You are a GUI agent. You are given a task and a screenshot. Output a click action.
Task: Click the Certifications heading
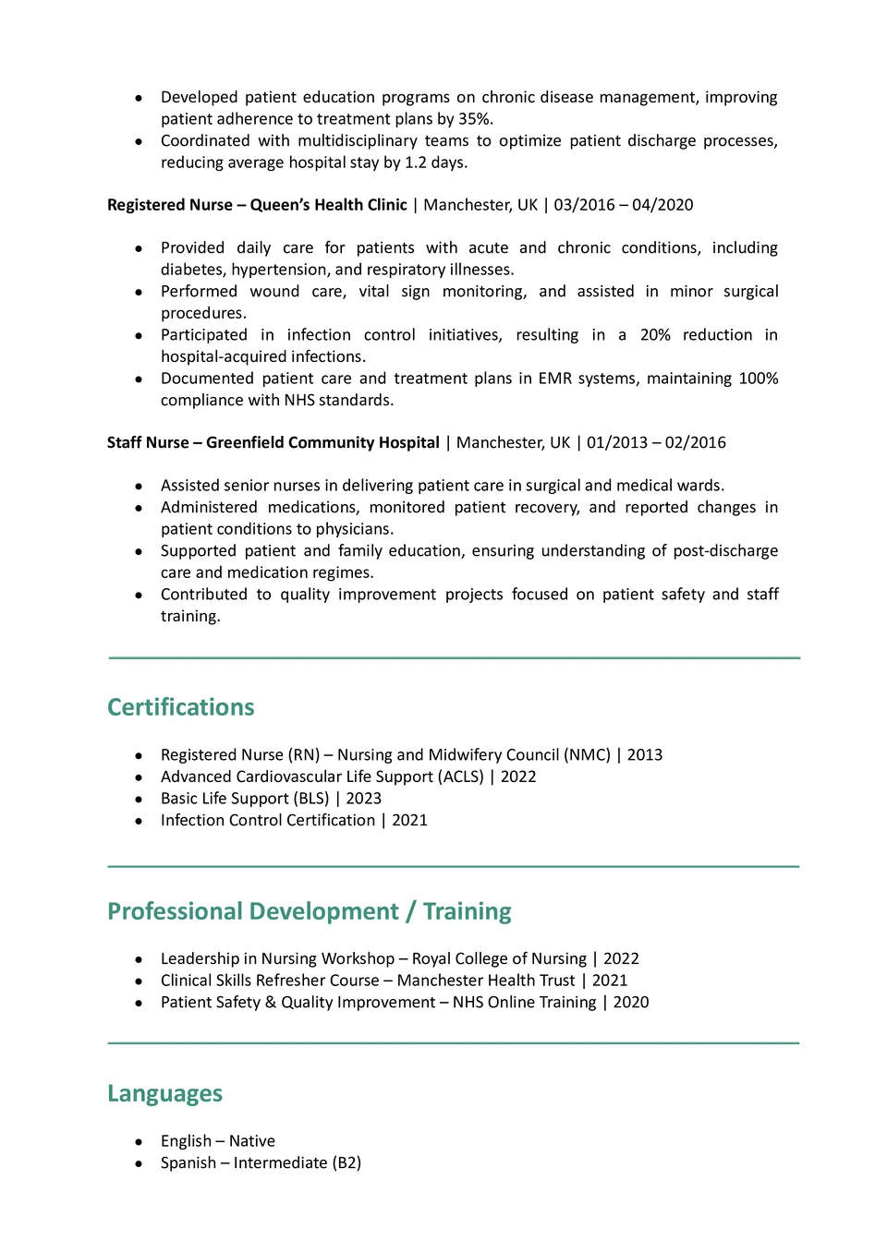[x=180, y=707]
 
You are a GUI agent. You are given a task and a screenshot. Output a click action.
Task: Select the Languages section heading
[x=164, y=1093]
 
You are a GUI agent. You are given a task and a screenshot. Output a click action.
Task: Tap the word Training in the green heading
[x=467, y=911]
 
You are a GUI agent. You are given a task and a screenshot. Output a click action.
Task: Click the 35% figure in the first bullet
[x=476, y=119]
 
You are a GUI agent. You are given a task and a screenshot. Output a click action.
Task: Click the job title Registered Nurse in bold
[x=169, y=205]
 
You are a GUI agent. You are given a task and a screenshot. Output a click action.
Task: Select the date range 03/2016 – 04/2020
[x=624, y=205]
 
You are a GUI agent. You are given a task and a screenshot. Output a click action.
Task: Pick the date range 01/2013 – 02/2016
[x=656, y=442]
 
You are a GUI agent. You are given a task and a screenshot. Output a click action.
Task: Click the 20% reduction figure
[x=655, y=335]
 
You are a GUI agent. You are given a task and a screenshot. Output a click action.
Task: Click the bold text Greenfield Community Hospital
[x=322, y=442]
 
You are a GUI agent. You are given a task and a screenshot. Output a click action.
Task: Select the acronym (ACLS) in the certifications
[x=460, y=776]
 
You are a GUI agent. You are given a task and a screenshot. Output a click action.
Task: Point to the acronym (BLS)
[x=310, y=799]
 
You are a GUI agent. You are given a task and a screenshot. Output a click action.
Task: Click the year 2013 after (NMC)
[x=645, y=755]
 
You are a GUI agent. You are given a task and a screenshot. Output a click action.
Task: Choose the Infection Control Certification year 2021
[x=409, y=820]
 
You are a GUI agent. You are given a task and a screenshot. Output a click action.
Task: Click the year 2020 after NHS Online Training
[x=631, y=1002]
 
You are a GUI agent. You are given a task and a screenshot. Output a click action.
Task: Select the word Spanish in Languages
[x=188, y=1162]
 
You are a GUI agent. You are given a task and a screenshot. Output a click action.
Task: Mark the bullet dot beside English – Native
[x=139, y=1142]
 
